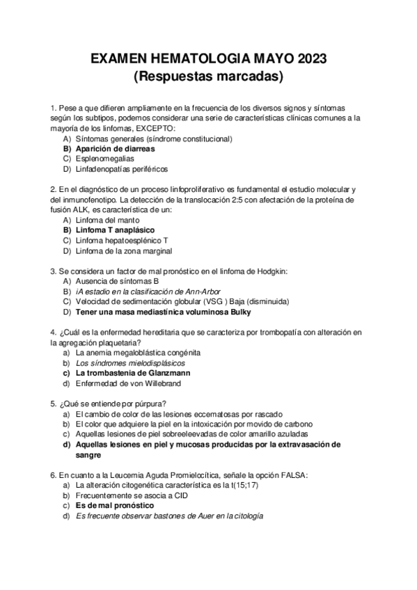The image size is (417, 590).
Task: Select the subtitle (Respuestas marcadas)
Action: [x=208, y=76]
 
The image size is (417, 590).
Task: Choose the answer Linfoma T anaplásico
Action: [x=115, y=230]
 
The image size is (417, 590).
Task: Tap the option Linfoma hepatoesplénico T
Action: [x=122, y=240]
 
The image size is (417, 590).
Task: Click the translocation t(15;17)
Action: [x=242, y=485]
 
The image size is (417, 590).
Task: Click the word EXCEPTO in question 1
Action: [x=155, y=128]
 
